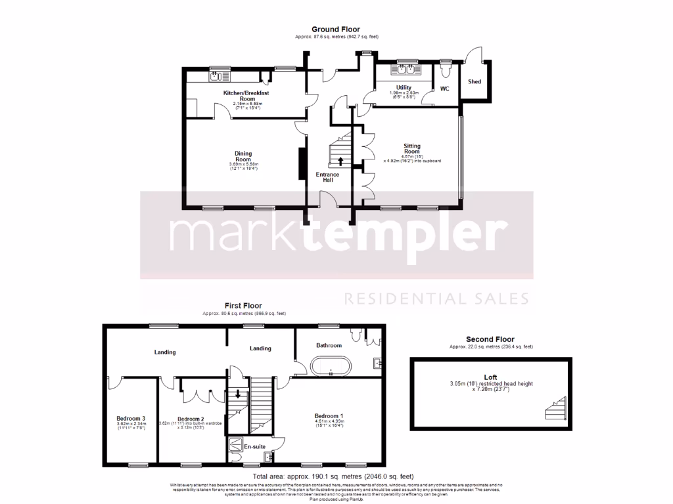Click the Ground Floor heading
pos(336,30)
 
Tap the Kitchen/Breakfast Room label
pos(246,96)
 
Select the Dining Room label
pos(243,156)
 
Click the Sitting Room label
pos(412,148)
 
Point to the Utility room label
pos(404,87)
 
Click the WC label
pos(444,89)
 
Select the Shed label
pos(475,82)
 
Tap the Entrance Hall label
pos(327,177)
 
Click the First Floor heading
pos(243,306)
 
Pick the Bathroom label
pos(329,345)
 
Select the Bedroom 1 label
pos(329,416)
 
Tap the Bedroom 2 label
pos(191,419)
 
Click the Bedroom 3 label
pos(131,419)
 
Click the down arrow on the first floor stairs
pos(238,395)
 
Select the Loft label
pos(490,377)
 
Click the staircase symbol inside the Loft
pos(554,410)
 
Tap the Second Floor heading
pos(490,339)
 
